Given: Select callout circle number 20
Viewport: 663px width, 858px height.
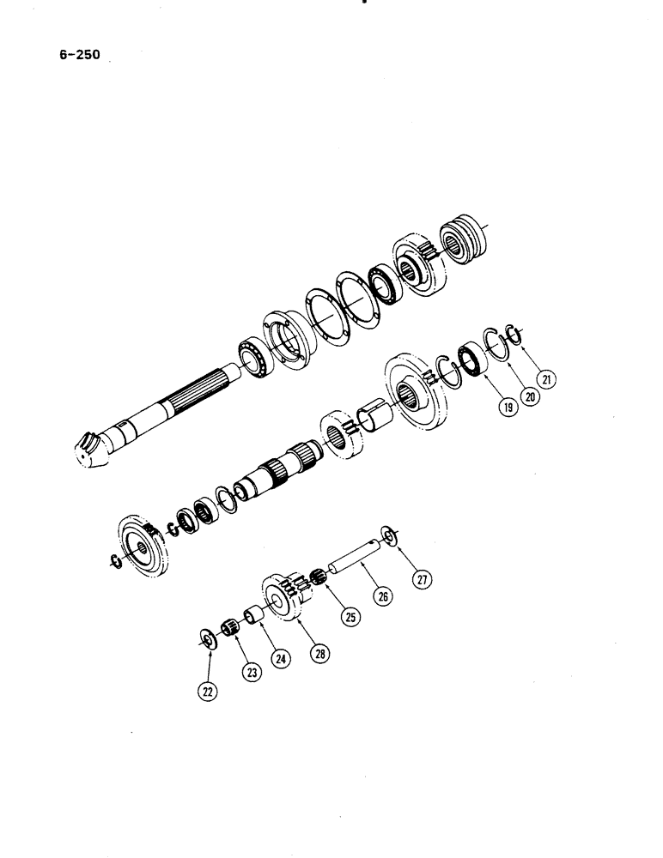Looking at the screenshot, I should [533, 398].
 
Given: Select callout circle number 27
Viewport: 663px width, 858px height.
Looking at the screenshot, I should [423, 579].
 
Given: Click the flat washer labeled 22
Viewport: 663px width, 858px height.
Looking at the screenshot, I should [208, 638].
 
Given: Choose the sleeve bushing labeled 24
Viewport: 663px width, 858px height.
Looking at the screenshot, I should [254, 616].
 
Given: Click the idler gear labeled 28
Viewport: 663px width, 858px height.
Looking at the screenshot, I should [282, 596].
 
